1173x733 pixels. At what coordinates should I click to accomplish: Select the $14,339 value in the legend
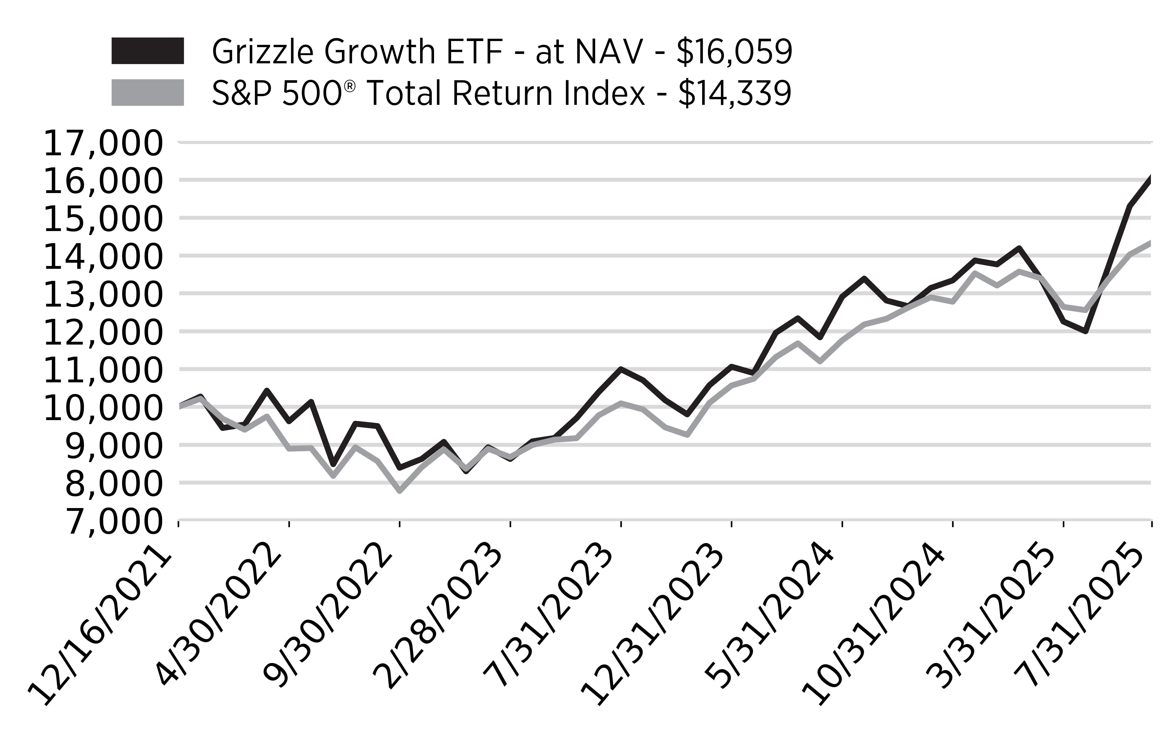tap(734, 93)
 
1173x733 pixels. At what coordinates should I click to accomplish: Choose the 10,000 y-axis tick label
tap(103, 409)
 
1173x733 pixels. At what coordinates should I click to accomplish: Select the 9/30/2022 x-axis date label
tap(327, 616)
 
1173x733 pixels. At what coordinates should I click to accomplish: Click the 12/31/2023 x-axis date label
tap(654, 625)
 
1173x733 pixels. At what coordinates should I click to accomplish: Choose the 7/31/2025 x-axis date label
tap(1086, 616)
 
